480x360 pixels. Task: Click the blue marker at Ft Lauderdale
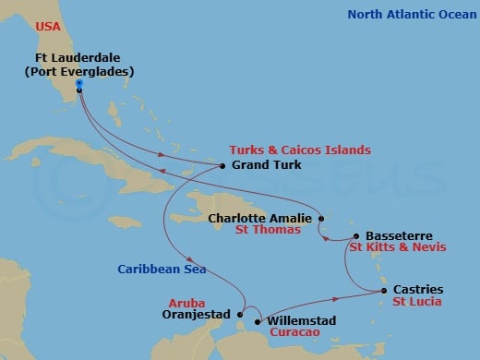pos(80,84)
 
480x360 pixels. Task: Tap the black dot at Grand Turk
pos(222,166)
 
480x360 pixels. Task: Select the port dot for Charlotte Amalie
pos(320,219)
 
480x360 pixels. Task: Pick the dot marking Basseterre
pos(357,236)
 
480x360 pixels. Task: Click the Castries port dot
pos(384,291)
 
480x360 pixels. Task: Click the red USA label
pos(47,27)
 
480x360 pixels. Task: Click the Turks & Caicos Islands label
pos(300,150)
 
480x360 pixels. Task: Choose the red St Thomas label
pos(268,230)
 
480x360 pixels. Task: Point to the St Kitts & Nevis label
pos(398,247)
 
